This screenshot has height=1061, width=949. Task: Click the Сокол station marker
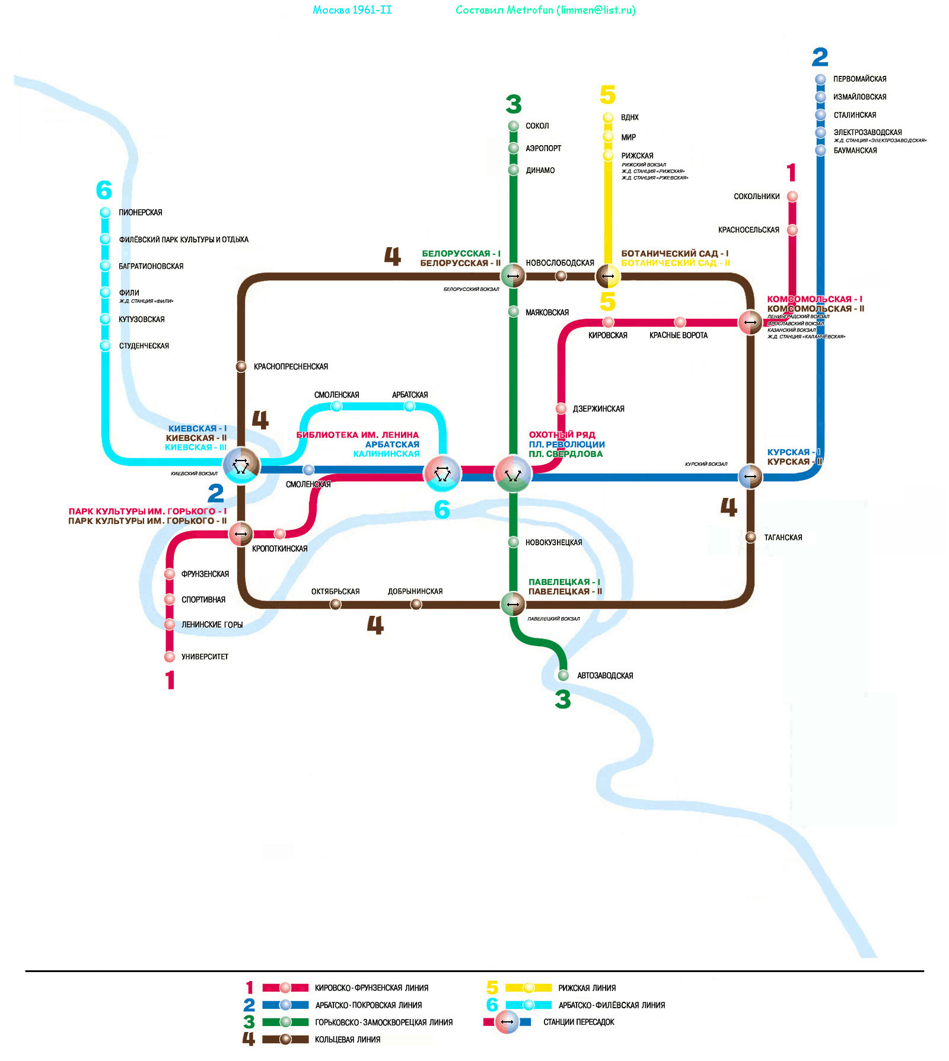pyautogui.click(x=514, y=126)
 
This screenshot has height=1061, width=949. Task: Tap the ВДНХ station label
pyautogui.click(x=629, y=117)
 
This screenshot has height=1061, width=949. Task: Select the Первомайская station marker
pyautogui.click(x=820, y=79)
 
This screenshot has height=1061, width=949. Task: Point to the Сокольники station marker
pyautogui.click(x=792, y=196)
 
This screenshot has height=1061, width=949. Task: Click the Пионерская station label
pyautogui.click(x=140, y=212)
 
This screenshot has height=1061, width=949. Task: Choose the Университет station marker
pyautogui.click(x=170, y=657)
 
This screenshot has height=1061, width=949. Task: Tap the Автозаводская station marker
pyautogui.click(x=563, y=675)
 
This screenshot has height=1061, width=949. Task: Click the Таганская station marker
pyautogui.click(x=750, y=537)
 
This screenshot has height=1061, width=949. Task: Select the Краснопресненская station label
pyautogui.click(x=291, y=367)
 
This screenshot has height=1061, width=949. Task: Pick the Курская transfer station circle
pyautogui.click(x=750, y=476)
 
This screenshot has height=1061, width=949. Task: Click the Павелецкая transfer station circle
pyautogui.click(x=513, y=605)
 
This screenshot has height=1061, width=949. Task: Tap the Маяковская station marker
pyautogui.click(x=514, y=312)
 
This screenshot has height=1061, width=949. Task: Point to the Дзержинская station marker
pyautogui.click(x=561, y=408)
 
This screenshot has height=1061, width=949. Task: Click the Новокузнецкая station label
pyautogui.click(x=553, y=542)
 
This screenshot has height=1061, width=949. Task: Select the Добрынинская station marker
pyautogui.click(x=416, y=604)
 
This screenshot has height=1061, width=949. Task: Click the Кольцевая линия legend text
pyautogui.click(x=348, y=1039)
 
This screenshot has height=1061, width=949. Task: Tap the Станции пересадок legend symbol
pyautogui.click(x=507, y=1022)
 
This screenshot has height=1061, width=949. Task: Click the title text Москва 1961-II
pyautogui.click(x=352, y=10)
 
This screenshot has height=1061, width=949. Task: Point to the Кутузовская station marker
pyautogui.click(x=106, y=319)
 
